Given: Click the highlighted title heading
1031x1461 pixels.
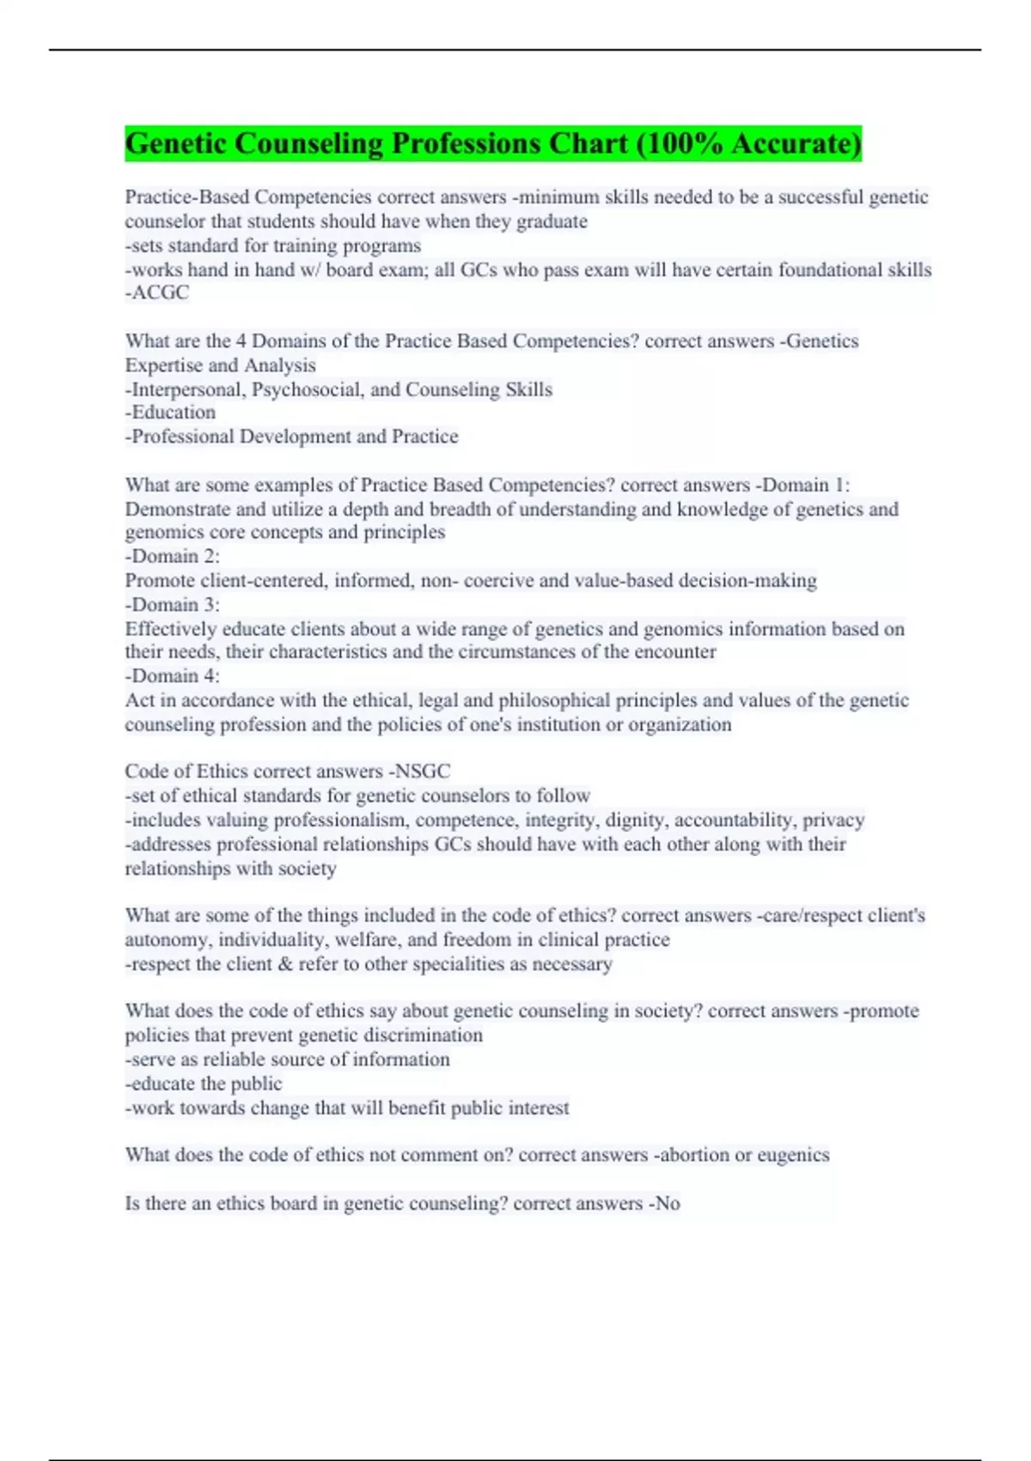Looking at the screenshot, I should (x=492, y=144).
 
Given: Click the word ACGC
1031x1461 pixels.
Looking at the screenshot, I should (x=160, y=293).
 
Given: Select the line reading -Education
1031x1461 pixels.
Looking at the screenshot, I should (x=170, y=413).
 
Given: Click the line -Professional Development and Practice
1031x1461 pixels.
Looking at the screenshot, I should (x=291, y=437).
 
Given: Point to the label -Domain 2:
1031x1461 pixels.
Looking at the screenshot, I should (x=172, y=556).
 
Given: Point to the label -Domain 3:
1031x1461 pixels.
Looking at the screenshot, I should (x=172, y=604).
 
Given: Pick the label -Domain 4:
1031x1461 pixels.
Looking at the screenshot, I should (x=172, y=675).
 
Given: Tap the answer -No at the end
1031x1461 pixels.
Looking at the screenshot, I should (x=666, y=1203).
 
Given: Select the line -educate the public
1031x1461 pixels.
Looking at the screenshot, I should (x=204, y=1084).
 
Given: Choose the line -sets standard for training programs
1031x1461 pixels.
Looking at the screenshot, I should (x=272, y=246).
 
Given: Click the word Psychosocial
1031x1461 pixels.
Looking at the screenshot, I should (x=308, y=389).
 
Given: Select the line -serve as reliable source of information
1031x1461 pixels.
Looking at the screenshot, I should (x=287, y=1060).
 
